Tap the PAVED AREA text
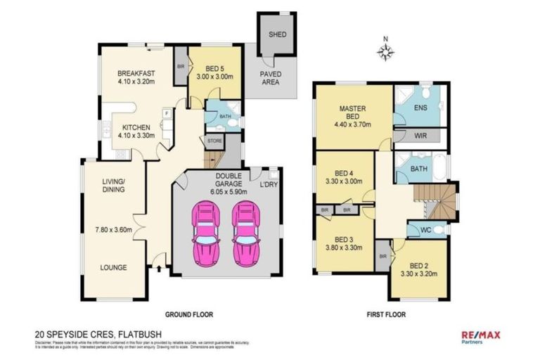(271, 77)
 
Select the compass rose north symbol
(385, 50)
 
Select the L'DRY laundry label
(268, 184)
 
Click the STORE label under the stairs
(214, 141)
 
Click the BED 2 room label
(420, 266)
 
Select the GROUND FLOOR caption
(188, 314)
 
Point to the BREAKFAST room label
(136, 73)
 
